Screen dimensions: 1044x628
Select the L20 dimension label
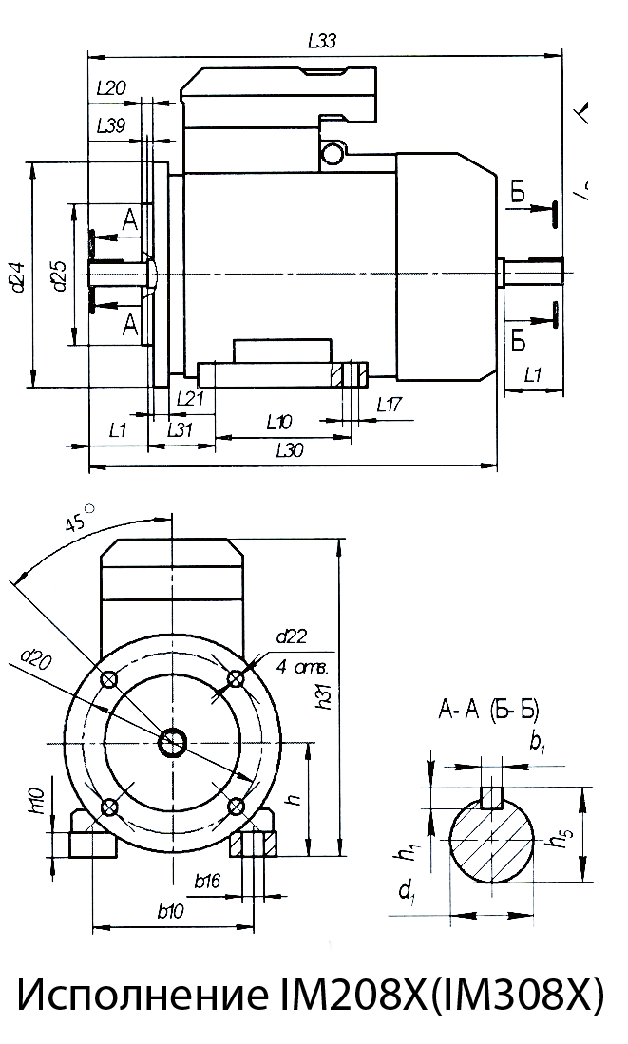pos(112,88)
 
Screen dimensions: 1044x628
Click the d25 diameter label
pos(58,275)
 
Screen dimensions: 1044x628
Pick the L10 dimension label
pos(278,421)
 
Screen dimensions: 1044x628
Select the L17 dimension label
pos(389,404)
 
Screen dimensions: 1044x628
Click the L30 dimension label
pos(290,451)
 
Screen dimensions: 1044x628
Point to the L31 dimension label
pos(181,429)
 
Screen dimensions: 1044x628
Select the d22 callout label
pos(290,636)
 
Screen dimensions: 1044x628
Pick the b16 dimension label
pos(207,883)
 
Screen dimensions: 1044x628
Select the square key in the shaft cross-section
pos(491,796)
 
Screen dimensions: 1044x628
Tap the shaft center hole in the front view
pos(174,742)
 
